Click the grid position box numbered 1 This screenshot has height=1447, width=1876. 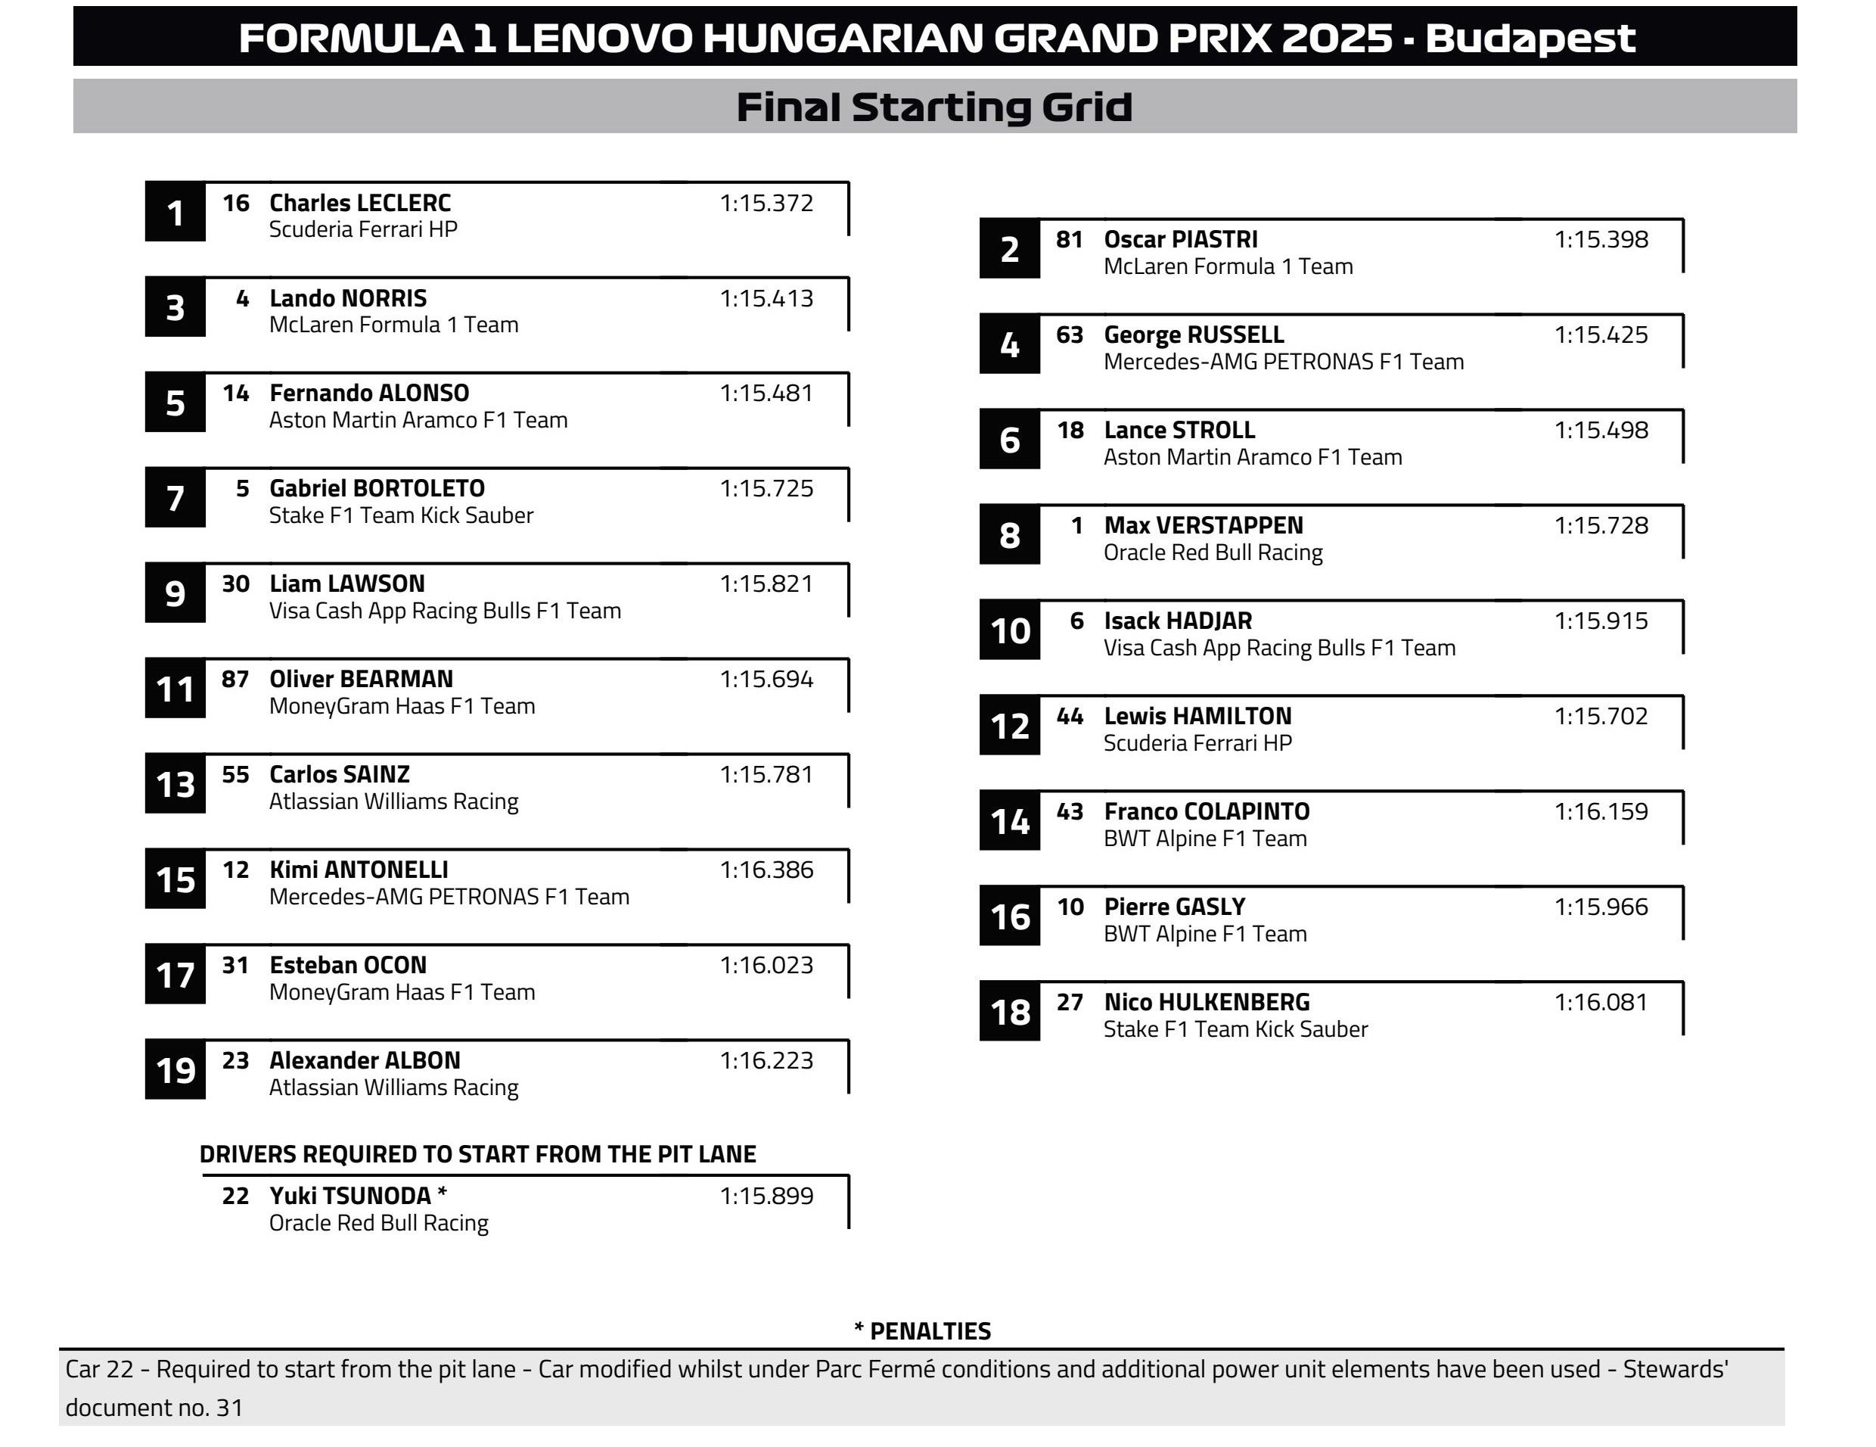(x=175, y=212)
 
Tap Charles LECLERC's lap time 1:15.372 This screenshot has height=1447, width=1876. (x=766, y=204)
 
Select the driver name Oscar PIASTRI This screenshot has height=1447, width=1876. (x=1180, y=240)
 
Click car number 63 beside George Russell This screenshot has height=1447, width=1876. (x=1070, y=335)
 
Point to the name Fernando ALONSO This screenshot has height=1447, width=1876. (x=368, y=394)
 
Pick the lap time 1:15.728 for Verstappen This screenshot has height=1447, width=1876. (x=1600, y=526)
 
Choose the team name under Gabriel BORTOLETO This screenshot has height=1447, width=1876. (x=400, y=515)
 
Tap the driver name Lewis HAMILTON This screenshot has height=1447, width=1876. (x=1197, y=717)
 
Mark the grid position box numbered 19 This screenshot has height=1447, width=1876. (x=175, y=1071)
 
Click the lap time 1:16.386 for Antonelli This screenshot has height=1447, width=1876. (x=766, y=870)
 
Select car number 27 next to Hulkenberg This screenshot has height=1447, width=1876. (x=1070, y=1003)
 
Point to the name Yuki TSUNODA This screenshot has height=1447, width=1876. (x=349, y=1196)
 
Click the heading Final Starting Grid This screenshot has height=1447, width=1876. (x=933, y=107)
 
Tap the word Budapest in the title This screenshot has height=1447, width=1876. (x=1530, y=39)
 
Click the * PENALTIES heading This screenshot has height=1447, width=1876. (x=923, y=1331)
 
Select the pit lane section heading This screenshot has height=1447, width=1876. (x=477, y=1154)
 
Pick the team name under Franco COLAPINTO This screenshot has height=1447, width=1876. (x=1204, y=839)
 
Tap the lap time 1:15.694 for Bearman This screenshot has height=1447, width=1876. (x=766, y=680)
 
